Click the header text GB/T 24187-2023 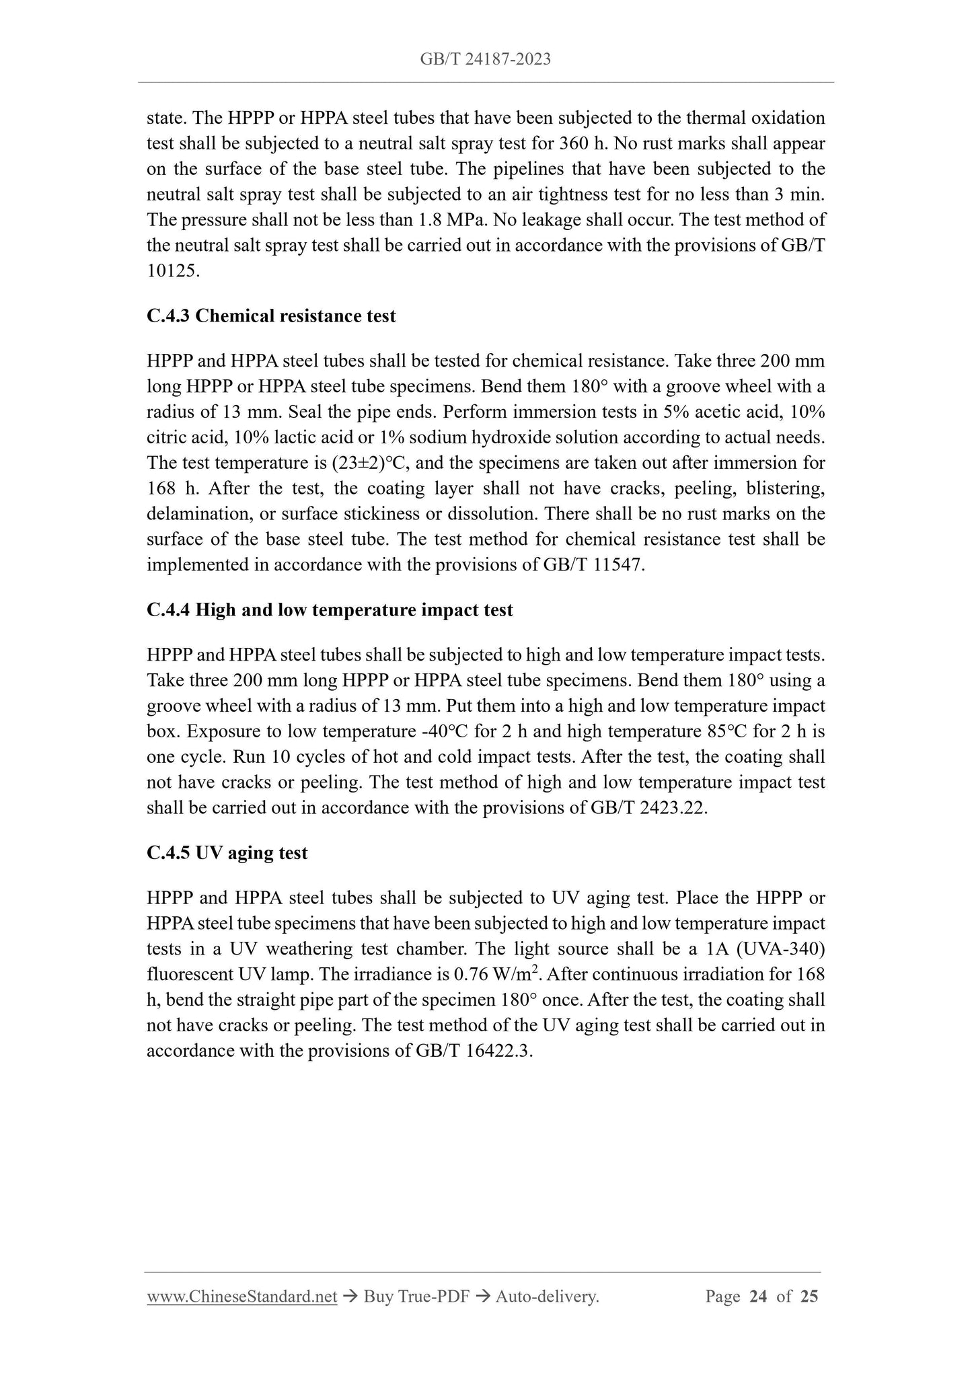coord(485,59)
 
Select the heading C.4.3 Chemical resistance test coord(271,315)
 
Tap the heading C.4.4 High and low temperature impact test coord(330,610)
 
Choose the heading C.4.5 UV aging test coord(227,853)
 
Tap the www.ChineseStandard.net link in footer coord(241,1296)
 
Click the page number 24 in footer coord(757,1296)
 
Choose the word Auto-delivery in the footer coord(546,1296)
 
